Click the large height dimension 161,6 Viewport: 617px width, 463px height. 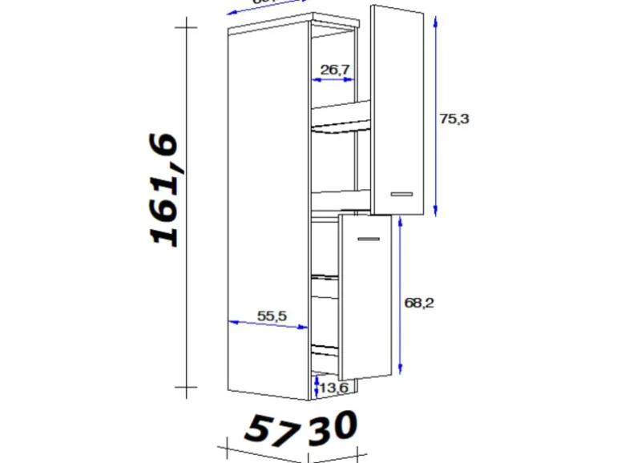click(x=166, y=190)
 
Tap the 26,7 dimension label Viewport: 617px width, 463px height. click(x=335, y=69)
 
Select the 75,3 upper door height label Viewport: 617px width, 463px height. click(x=454, y=119)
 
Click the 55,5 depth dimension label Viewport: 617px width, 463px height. click(x=272, y=316)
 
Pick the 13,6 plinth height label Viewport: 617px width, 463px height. click(x=333, y=389)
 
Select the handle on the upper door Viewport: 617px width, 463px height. click(x=400, y=193)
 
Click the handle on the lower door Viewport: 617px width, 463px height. click(x=369, y=239)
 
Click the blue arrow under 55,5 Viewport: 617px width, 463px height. click(x=268, y=325)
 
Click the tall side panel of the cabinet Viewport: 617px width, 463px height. click(x=268, y=208)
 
